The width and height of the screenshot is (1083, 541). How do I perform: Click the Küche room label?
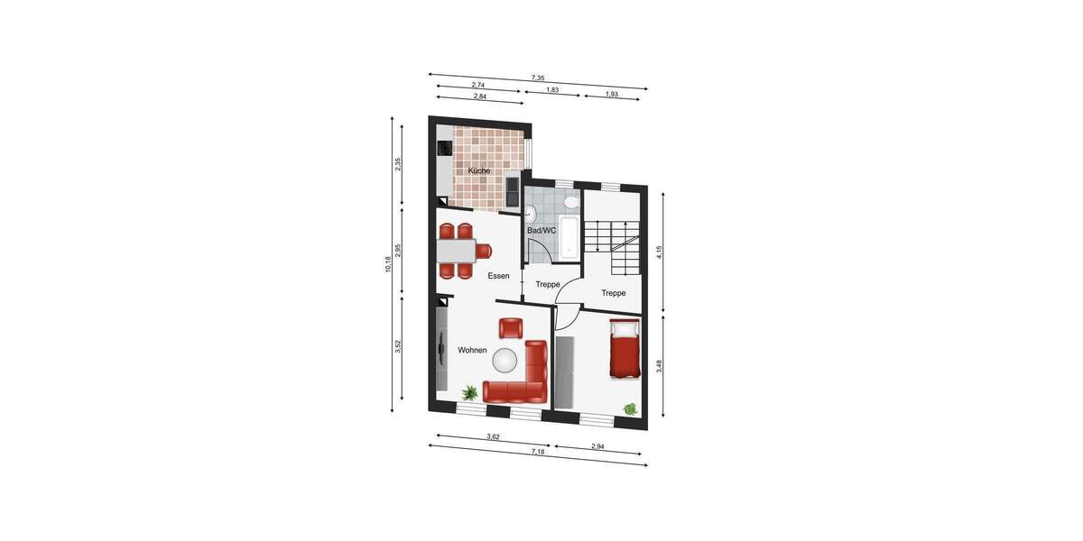pos(479,170)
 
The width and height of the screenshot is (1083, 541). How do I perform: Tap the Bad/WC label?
pos(541,231)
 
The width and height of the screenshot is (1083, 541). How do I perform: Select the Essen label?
pos(499,276)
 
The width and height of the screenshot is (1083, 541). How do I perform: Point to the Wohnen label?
pos(472,350)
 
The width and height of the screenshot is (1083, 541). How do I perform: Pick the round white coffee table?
pos(505,361)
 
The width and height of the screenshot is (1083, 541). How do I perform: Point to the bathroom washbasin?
pos(531,215)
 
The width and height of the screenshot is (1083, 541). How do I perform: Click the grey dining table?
pos(457,250)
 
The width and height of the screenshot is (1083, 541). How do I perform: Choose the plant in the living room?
pos(470,392)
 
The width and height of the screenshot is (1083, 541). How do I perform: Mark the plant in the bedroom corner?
pos(630,409)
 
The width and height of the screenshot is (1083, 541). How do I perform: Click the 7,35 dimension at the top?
pos(538,79)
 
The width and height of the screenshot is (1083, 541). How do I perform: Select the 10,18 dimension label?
pos(388,264)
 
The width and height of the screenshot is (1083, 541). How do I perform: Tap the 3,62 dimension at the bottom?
pos(493,436)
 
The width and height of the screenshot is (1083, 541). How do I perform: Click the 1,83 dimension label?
pos(552,90)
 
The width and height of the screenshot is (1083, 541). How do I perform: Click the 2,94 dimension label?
pos(598,446)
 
